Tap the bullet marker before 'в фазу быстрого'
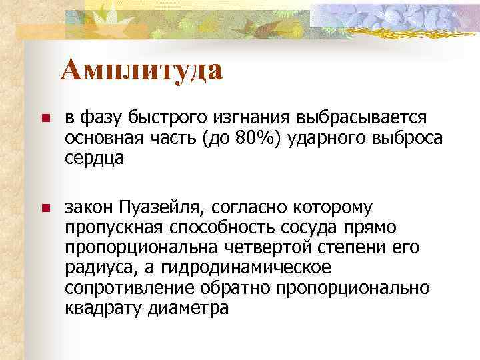point(45,119)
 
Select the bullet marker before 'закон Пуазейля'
point(45,209)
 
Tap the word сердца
point(95,160)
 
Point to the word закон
point(89,208)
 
